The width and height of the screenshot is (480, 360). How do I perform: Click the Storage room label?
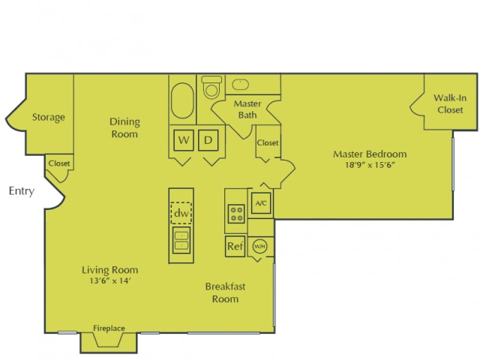[48, 117]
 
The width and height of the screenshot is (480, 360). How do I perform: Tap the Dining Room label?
[124, 128]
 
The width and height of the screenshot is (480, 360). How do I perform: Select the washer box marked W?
[183, 139]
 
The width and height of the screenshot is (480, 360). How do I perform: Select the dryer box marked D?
[211, 139]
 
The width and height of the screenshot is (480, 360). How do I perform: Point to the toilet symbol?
[212, 89]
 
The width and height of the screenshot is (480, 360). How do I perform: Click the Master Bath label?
[247, 109]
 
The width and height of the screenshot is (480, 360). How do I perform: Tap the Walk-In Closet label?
[449, 104]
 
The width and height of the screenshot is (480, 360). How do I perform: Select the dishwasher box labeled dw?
[181, 213]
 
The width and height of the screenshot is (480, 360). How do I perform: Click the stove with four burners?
[235, 213]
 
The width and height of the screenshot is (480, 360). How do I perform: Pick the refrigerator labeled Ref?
[235, 246]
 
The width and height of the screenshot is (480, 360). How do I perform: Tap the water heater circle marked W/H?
[259, 246]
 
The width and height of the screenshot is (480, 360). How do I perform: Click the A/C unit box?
[260, 203]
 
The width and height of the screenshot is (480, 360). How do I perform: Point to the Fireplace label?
[109, 328]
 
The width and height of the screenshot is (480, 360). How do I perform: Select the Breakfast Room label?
[225, 292]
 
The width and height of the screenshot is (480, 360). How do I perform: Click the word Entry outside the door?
[21, 191]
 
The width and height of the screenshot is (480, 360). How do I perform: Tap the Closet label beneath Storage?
[58, 163]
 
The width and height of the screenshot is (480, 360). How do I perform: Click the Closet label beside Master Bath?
[268, 142]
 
